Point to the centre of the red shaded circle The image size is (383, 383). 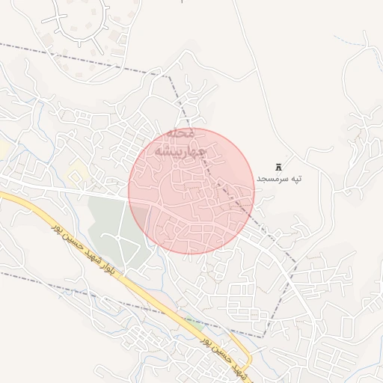tap(191, 191)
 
